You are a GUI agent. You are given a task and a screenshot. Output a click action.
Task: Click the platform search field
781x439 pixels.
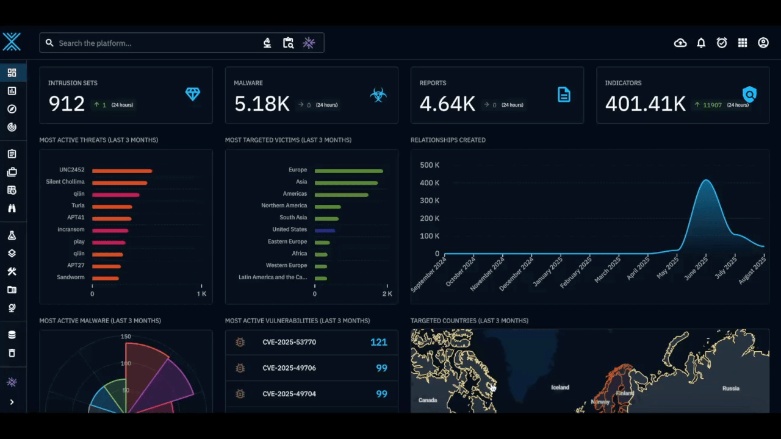coord(153,43)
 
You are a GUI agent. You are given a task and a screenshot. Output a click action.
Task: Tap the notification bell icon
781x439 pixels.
coord(701,43)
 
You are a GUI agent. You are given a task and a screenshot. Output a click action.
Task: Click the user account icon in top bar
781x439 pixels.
coord(763,43)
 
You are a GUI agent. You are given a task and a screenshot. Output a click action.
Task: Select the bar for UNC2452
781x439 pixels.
coord(121,171)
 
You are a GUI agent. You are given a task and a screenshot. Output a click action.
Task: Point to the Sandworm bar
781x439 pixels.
coord(105,278)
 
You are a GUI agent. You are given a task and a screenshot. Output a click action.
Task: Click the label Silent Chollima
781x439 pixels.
coord(65,182)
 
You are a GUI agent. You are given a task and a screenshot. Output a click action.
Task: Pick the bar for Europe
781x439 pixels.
coord(348,171)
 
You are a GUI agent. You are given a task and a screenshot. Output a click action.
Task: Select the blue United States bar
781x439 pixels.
coord(325,230)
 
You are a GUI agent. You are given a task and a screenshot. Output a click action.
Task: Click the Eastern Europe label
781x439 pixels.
coord(287,241)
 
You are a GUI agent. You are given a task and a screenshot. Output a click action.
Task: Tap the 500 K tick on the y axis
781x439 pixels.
coord(430,165)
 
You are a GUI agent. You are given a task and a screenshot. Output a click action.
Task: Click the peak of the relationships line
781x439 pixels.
coord(706,180)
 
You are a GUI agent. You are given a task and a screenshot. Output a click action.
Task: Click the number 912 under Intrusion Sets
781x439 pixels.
coord(67,104)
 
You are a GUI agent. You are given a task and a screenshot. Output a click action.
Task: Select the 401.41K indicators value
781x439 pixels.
coord(645,104)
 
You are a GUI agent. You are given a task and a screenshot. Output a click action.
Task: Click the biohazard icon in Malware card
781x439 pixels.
coord(378,95)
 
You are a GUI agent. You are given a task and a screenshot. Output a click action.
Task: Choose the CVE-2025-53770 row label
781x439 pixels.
coord(289,342)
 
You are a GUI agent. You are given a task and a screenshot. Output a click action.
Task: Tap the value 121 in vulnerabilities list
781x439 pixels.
coord(378,342)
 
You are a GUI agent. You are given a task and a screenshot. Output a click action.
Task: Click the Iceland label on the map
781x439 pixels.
coord(560,387)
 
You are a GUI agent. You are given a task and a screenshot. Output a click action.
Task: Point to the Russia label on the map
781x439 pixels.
coord(730,388)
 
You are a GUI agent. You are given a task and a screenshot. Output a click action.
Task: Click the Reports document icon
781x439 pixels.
coord(564,95)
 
